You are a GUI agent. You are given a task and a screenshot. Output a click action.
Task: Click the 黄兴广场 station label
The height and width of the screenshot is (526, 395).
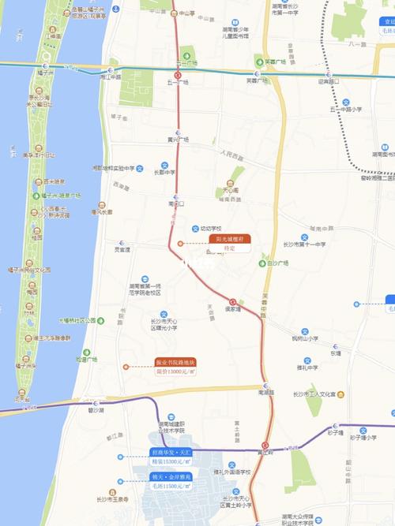coord(178,140)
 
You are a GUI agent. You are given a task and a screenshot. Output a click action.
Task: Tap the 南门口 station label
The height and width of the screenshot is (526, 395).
coord(176,203)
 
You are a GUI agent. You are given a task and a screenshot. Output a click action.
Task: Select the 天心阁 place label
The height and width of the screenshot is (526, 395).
coord(231,190)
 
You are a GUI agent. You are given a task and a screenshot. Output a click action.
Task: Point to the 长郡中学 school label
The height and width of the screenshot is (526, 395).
coord(164,172)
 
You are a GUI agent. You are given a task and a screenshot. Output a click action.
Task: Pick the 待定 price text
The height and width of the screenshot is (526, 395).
coord(229,248)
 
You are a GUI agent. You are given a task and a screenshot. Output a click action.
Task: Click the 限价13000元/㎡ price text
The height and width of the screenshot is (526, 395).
coord(175,371)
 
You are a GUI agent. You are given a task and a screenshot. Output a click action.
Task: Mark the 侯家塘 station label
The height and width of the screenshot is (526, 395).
coord(231,309)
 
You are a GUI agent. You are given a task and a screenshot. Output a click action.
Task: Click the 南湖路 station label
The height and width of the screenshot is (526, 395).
coord(265,391)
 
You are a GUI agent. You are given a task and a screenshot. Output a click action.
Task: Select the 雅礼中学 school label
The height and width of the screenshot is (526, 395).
coord(307,367)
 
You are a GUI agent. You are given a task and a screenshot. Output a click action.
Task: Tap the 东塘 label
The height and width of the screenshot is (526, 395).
coord(336,353)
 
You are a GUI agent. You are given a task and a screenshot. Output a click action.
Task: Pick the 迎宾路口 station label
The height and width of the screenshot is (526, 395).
coord(328,81)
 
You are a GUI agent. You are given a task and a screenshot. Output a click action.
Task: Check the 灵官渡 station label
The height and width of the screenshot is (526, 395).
coord(121,249)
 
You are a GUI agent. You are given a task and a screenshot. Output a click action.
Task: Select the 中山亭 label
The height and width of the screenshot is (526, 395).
coord(186,13)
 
